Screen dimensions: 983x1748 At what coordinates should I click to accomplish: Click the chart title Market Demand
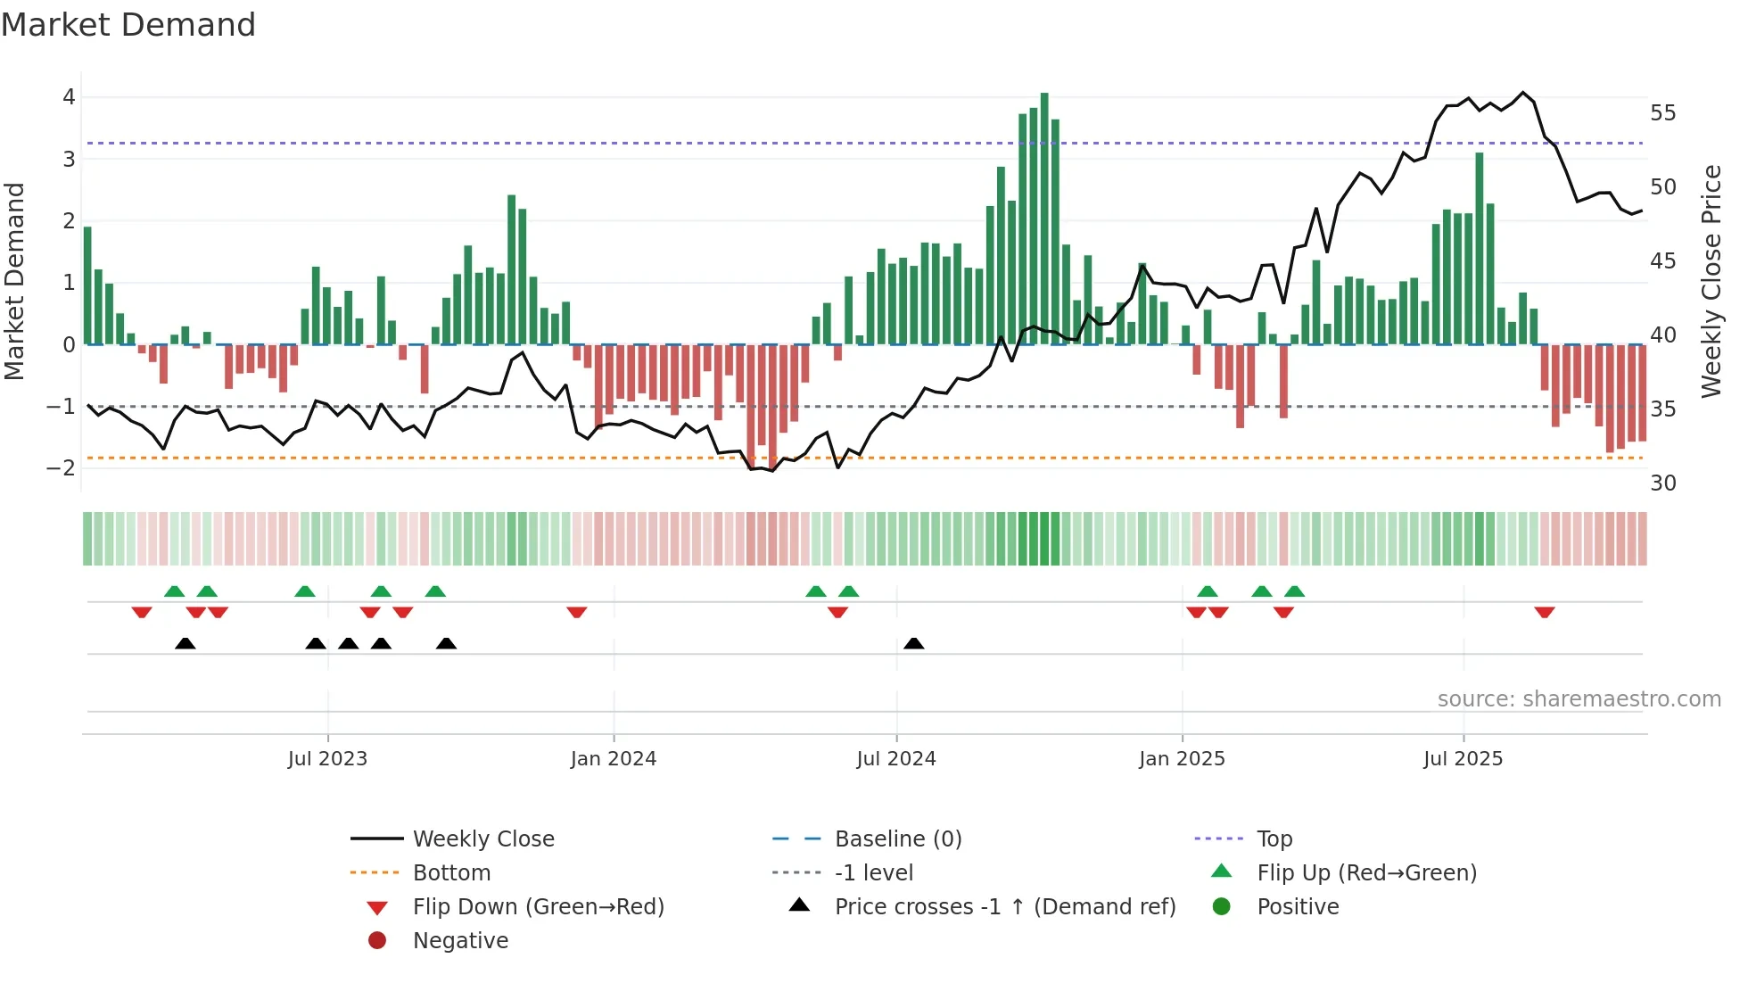128,25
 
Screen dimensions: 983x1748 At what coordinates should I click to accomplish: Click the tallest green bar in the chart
1044,219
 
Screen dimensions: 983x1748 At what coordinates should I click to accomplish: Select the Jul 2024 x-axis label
896,759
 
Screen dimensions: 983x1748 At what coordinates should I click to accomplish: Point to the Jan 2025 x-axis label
1182,759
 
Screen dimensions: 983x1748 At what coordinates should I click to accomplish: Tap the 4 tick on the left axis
69,97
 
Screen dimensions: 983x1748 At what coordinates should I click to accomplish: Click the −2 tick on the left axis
62,468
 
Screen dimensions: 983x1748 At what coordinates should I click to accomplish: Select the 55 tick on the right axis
1663,113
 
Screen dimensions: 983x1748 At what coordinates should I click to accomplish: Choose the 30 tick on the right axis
1663,483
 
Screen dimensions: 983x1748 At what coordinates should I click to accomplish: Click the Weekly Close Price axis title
1711,281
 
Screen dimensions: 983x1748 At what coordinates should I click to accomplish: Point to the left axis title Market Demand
15,281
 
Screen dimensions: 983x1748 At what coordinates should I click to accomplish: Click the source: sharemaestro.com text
1579,699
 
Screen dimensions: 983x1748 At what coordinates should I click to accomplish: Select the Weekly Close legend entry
483,839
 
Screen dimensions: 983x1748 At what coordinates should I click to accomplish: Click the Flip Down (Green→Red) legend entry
538,907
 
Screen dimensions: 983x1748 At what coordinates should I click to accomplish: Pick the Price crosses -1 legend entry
1005,907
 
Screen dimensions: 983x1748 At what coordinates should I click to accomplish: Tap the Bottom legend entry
451,873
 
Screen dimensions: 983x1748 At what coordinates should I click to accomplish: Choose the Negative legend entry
460,941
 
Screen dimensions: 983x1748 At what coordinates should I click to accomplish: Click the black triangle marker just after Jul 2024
913,643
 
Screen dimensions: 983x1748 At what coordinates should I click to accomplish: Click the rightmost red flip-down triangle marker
1545,612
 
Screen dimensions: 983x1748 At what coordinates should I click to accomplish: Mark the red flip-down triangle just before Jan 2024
577,612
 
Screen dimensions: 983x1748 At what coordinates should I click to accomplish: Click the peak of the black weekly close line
1523,93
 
